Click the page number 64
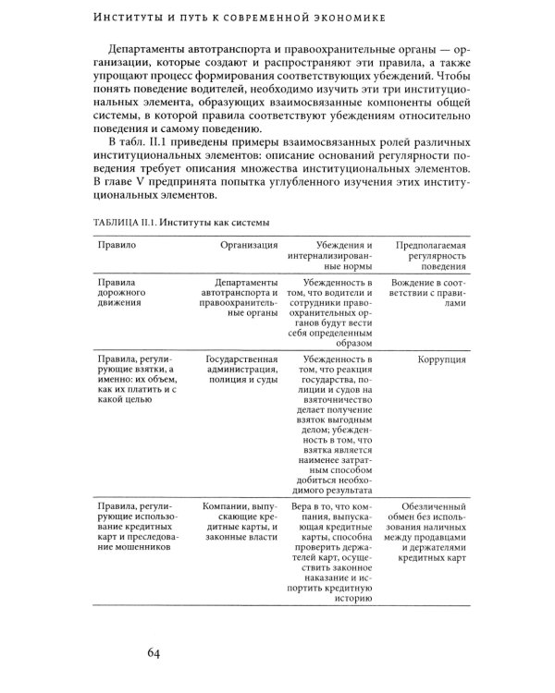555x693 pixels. [154, 655]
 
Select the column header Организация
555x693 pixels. [249, 246]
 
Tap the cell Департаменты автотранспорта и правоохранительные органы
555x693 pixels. [237, 298]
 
